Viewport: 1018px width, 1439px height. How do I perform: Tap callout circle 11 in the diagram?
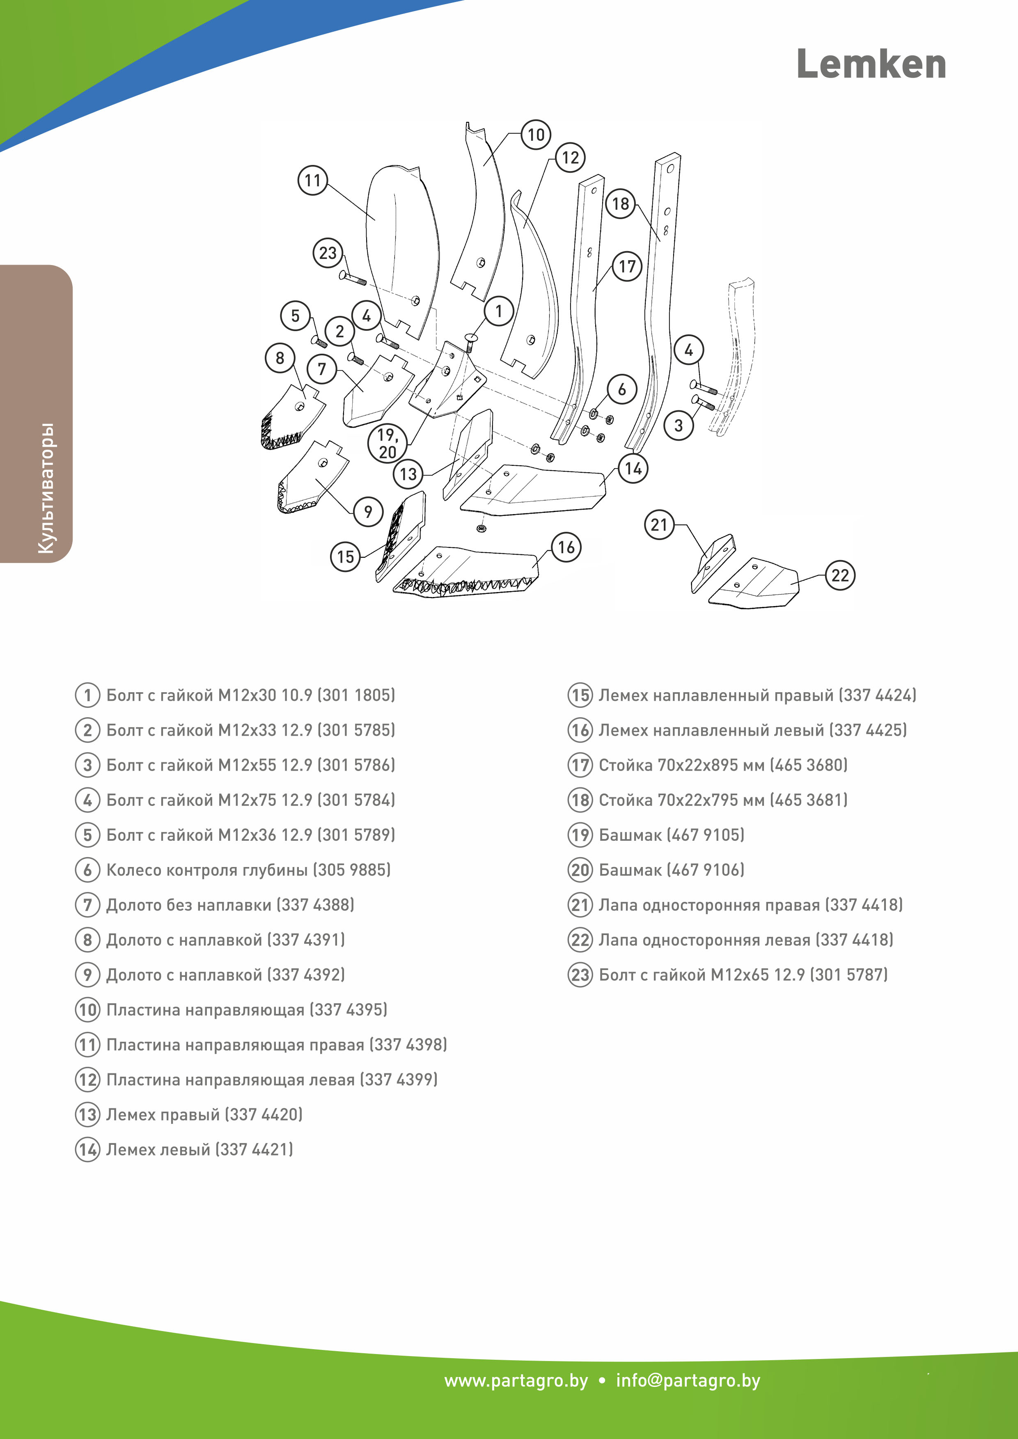[312, 181]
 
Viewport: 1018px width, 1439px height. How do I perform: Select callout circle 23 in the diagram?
[328, 253]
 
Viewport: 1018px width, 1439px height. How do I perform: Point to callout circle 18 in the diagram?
[620, 204]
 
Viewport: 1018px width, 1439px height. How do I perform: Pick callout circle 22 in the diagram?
[839, 575]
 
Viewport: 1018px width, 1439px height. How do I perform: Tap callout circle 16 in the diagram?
[566, 547]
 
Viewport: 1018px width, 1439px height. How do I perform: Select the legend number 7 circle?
[88, 905]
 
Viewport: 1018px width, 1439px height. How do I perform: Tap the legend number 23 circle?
[580, 975]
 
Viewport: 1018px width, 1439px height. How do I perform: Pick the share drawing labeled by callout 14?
[533, 489]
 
